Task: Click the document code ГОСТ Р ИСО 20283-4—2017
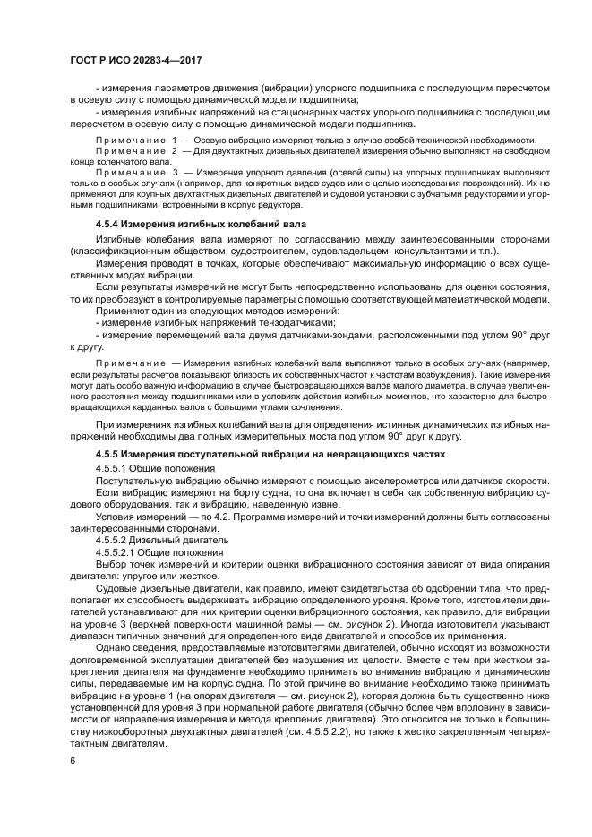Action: (133, 58)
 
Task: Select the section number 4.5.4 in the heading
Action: (112, 222)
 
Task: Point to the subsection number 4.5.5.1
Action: (111, 468)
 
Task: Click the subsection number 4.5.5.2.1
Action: (116, 552)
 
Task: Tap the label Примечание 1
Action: (136, 141)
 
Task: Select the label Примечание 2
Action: (136, 153)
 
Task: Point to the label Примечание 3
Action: (136, 172)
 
